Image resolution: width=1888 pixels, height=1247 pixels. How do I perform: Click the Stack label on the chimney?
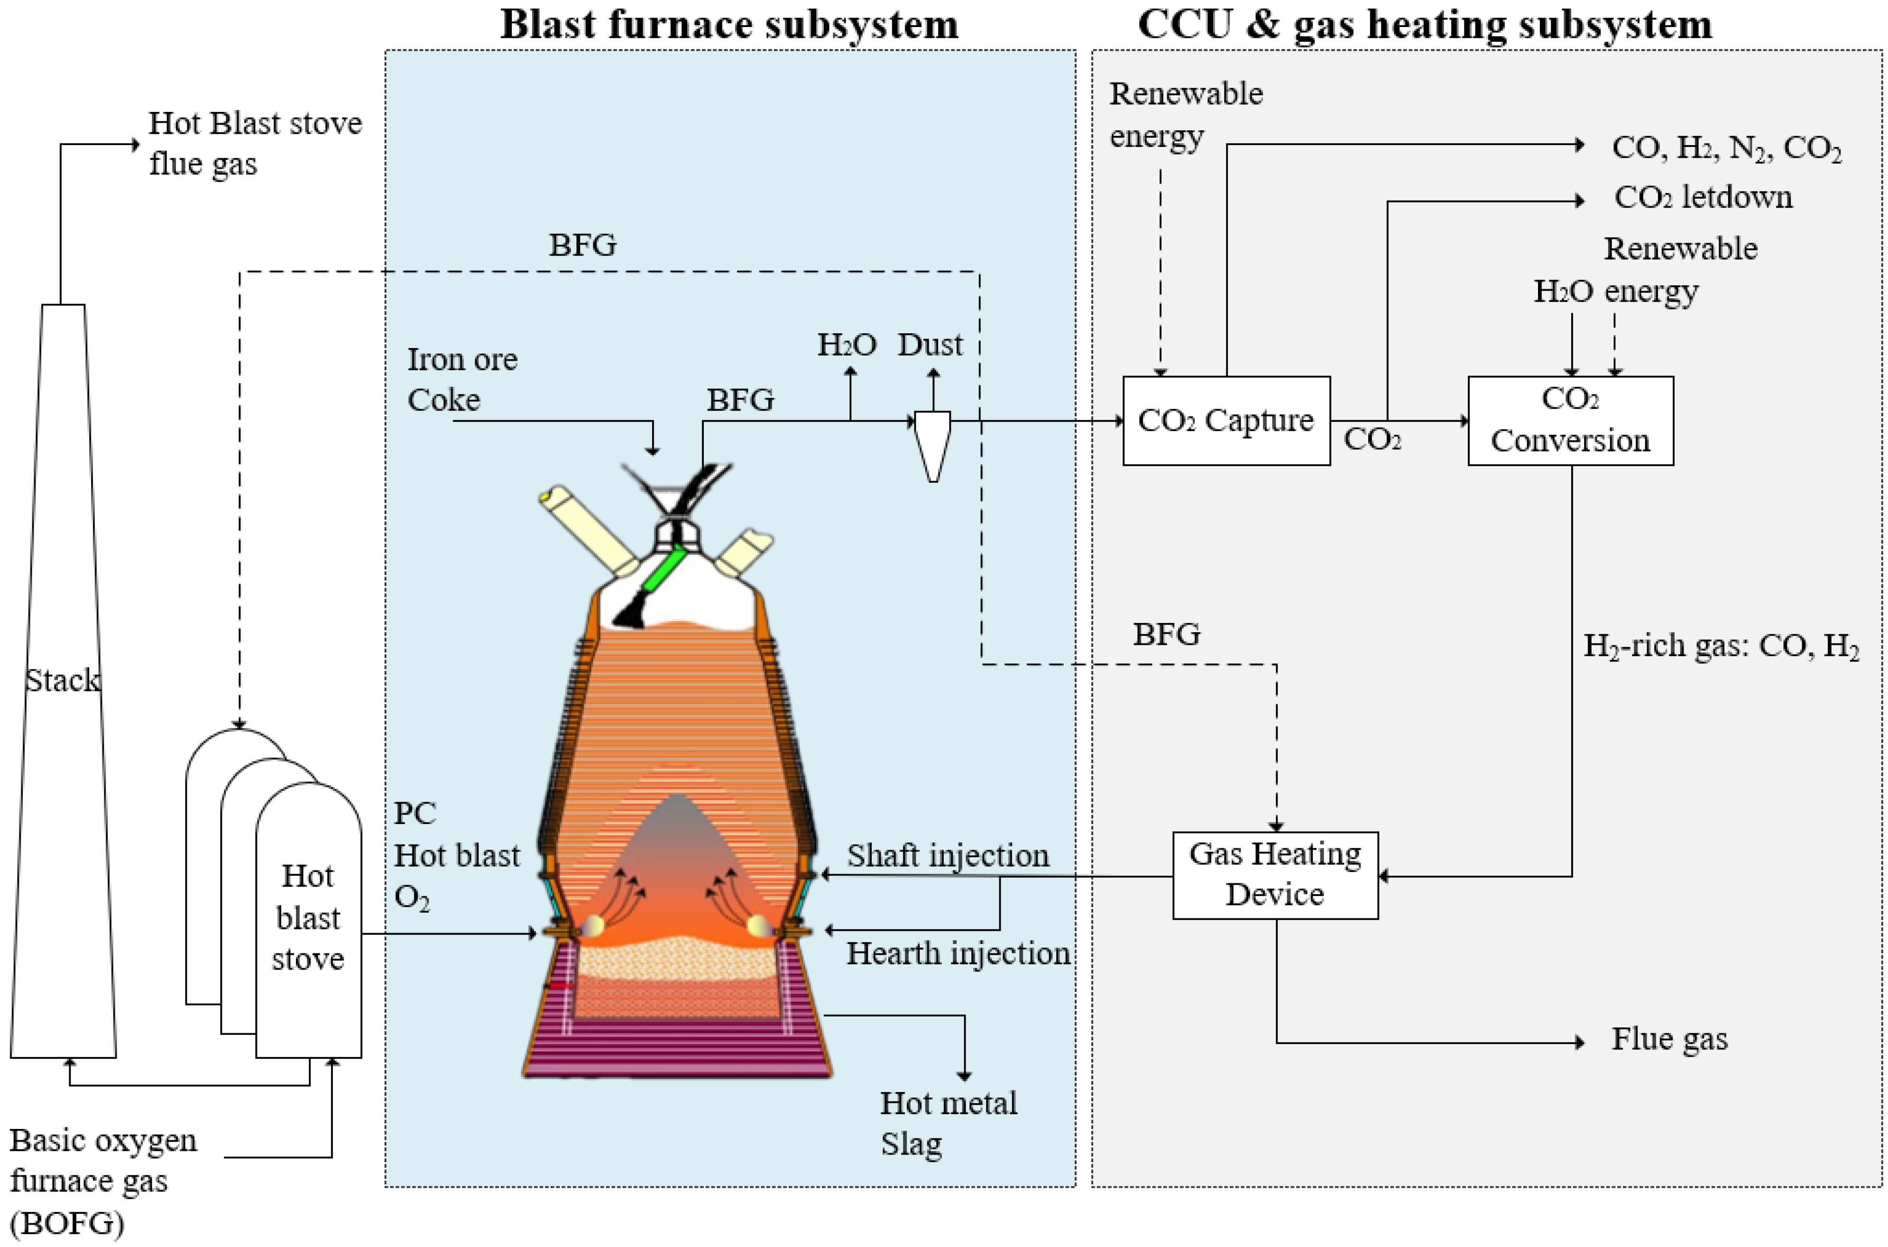63,681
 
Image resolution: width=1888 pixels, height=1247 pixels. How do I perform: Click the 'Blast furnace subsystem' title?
729,24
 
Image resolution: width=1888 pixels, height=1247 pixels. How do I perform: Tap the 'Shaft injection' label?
948,856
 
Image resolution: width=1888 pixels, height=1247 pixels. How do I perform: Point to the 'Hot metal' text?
948,1103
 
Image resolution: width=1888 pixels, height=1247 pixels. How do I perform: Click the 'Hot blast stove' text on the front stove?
308,918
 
